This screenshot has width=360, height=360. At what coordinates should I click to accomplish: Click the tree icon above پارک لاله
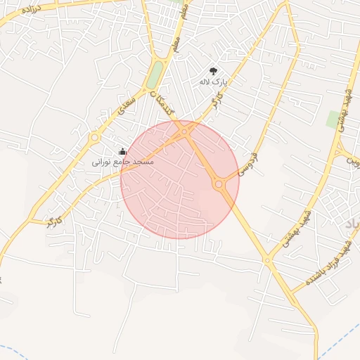point(213,71)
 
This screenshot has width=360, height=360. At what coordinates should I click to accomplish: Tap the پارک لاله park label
point(213,82)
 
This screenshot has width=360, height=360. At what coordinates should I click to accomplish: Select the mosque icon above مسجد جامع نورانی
point(123,151)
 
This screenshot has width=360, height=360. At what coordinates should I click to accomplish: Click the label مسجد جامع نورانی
point(123,162)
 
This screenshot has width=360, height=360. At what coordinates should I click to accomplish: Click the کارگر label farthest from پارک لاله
point(54,221)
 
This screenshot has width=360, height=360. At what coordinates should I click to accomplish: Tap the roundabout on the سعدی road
point(94,139)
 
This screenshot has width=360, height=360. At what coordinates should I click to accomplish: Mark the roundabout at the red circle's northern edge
point(184,131)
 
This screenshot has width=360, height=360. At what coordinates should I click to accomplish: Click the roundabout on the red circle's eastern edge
point(219,184)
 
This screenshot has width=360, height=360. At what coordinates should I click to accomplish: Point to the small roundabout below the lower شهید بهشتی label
point(267,260)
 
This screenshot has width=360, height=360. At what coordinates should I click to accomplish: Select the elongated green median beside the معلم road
point(155,75)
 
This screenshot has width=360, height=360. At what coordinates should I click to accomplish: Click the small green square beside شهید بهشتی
point(333,119)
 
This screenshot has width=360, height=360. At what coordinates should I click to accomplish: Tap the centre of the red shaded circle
point(180,180)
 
